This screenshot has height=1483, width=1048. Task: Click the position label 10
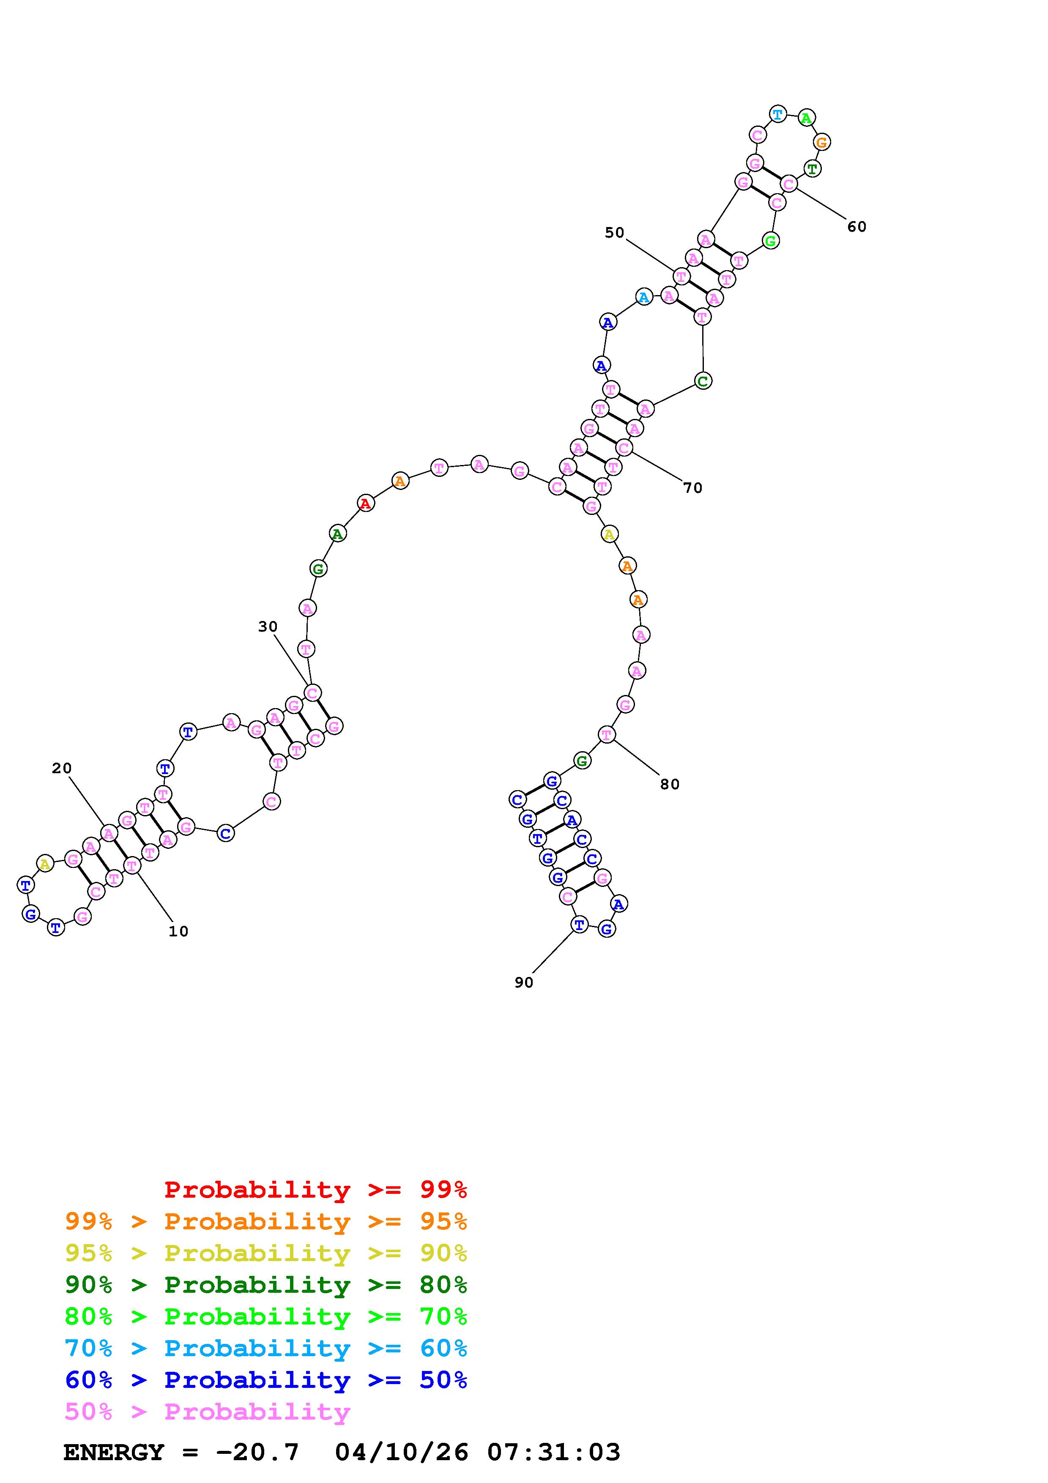(x=178, y=931)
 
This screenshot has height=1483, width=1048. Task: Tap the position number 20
(x=62, y=768)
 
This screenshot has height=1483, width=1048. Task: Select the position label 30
(x=268, y=627)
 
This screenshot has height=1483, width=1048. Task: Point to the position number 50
(x=615, y=233)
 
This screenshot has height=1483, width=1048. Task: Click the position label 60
(x=857, y=227)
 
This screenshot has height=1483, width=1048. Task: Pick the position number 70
(x=693, y=488)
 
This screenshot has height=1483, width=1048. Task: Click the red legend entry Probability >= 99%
(x=316, y=1190)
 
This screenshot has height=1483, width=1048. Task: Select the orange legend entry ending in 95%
(x=266, y=1221)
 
